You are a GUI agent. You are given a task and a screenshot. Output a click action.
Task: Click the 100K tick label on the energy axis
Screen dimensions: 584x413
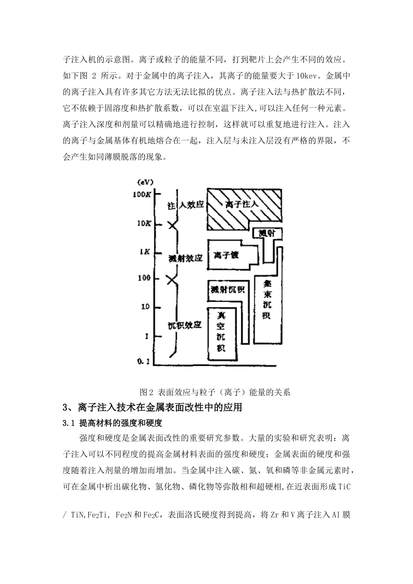(x=142, y=194)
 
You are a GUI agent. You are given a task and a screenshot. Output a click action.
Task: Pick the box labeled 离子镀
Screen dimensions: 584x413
(x=226, y=255)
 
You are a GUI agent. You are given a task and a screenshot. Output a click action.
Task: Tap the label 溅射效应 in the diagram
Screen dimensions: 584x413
(x=186, y=258)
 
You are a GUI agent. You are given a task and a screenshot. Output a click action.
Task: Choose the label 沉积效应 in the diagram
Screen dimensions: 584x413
(x=185, y=325)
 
